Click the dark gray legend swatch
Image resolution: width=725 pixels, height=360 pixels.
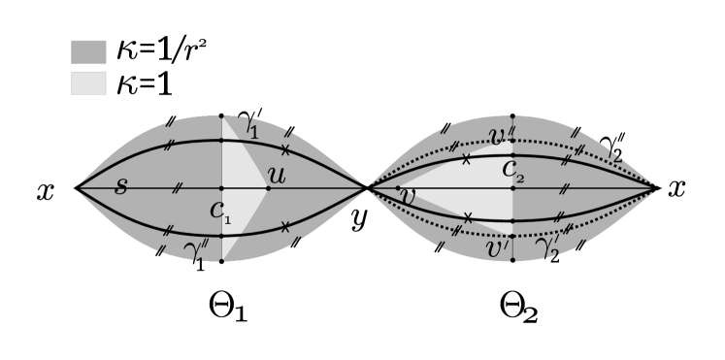(88, 52)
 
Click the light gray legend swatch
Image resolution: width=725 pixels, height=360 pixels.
(88, 83)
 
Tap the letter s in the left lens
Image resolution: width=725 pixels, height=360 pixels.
(120, 186)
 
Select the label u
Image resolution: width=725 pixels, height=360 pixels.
(277, 176)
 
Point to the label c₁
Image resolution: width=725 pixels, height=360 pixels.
(220, 212)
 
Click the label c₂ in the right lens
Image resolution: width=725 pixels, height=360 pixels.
(512, 171)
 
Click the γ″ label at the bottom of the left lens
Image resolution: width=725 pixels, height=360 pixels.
(198, 251)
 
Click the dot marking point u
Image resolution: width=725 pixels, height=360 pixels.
(268, 188)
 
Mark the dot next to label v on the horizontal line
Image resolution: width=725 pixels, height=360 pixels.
(398, 188)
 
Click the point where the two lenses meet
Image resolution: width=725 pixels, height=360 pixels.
(367, 188)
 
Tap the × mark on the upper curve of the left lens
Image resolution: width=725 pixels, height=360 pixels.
(284, 149)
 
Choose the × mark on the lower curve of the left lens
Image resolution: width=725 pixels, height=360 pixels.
(284, 226)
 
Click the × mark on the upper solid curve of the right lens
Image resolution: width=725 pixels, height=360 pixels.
(466, 159)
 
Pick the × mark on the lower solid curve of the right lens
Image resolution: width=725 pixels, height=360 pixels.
(467, 217)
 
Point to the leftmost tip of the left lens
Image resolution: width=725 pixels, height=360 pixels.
(79, 188)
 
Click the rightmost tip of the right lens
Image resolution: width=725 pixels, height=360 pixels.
(655, 188)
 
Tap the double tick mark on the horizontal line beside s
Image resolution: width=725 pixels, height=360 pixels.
(177, 188)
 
